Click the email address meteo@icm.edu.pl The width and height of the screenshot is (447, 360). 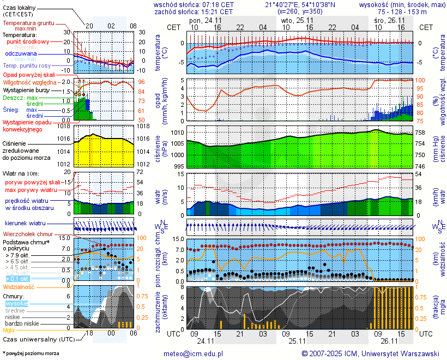coord(194,353)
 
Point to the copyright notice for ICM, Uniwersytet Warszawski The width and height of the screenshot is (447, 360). coord(370,353)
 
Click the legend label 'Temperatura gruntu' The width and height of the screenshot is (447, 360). coord(28,23)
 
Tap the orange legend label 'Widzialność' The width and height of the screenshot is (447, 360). coord(19,286)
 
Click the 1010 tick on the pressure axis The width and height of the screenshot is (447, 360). coord(178,133)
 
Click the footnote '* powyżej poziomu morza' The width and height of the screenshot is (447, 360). coord(31,353)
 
